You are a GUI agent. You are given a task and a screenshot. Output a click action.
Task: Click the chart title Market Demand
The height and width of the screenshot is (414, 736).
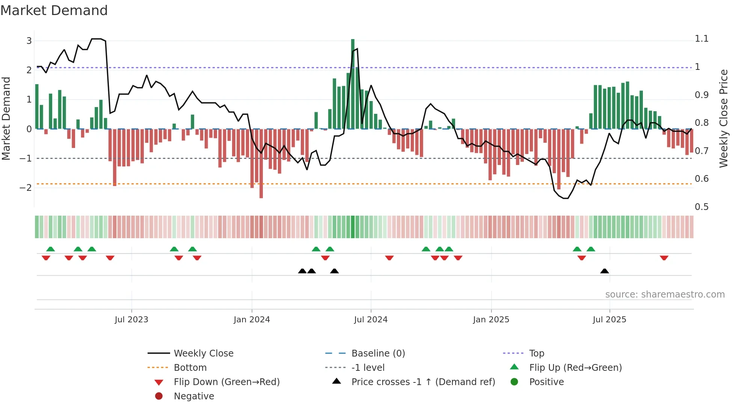point(54,11)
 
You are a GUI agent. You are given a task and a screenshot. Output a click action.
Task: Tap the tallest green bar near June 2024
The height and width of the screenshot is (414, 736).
point(353,83)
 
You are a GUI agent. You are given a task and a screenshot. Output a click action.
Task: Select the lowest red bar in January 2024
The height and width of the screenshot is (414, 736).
point(261,163)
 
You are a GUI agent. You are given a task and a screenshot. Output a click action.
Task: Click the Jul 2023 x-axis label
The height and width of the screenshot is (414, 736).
point(131,320)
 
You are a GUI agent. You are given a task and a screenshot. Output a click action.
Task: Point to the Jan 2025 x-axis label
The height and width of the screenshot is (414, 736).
point(491,320)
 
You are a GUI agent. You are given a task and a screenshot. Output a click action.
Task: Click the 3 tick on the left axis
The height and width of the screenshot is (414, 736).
point(29,41)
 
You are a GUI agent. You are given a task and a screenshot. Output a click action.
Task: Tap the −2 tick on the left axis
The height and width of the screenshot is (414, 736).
point(26,187)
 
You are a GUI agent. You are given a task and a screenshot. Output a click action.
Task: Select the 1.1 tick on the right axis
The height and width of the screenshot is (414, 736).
point(701,39)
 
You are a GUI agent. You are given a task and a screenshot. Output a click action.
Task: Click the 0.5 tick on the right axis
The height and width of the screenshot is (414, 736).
point(701,207)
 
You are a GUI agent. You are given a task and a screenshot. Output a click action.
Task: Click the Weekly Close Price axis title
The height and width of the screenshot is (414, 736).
point(724,118)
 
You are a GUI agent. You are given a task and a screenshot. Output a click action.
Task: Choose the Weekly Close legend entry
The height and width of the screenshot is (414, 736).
point(203,353)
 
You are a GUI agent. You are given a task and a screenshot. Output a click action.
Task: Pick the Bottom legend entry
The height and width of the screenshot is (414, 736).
point(190,367)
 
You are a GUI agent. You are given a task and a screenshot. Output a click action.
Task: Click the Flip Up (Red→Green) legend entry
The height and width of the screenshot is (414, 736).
point(575,367)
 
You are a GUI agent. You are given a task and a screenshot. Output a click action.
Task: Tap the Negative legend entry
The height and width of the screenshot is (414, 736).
point(194,396)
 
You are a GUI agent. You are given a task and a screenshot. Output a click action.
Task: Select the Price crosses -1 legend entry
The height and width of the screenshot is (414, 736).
point(423,382)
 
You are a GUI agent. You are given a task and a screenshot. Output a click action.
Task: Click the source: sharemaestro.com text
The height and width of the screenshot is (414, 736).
point(665,294)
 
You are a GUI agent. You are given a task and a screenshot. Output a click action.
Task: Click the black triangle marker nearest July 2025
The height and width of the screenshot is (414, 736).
point(605,271)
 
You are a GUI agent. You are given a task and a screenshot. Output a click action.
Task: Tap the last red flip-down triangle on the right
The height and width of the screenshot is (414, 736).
point(664,258)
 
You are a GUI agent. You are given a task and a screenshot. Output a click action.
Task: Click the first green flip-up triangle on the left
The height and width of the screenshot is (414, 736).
point(50,249)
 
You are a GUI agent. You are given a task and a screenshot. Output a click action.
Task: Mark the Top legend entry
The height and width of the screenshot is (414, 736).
point(536,353)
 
